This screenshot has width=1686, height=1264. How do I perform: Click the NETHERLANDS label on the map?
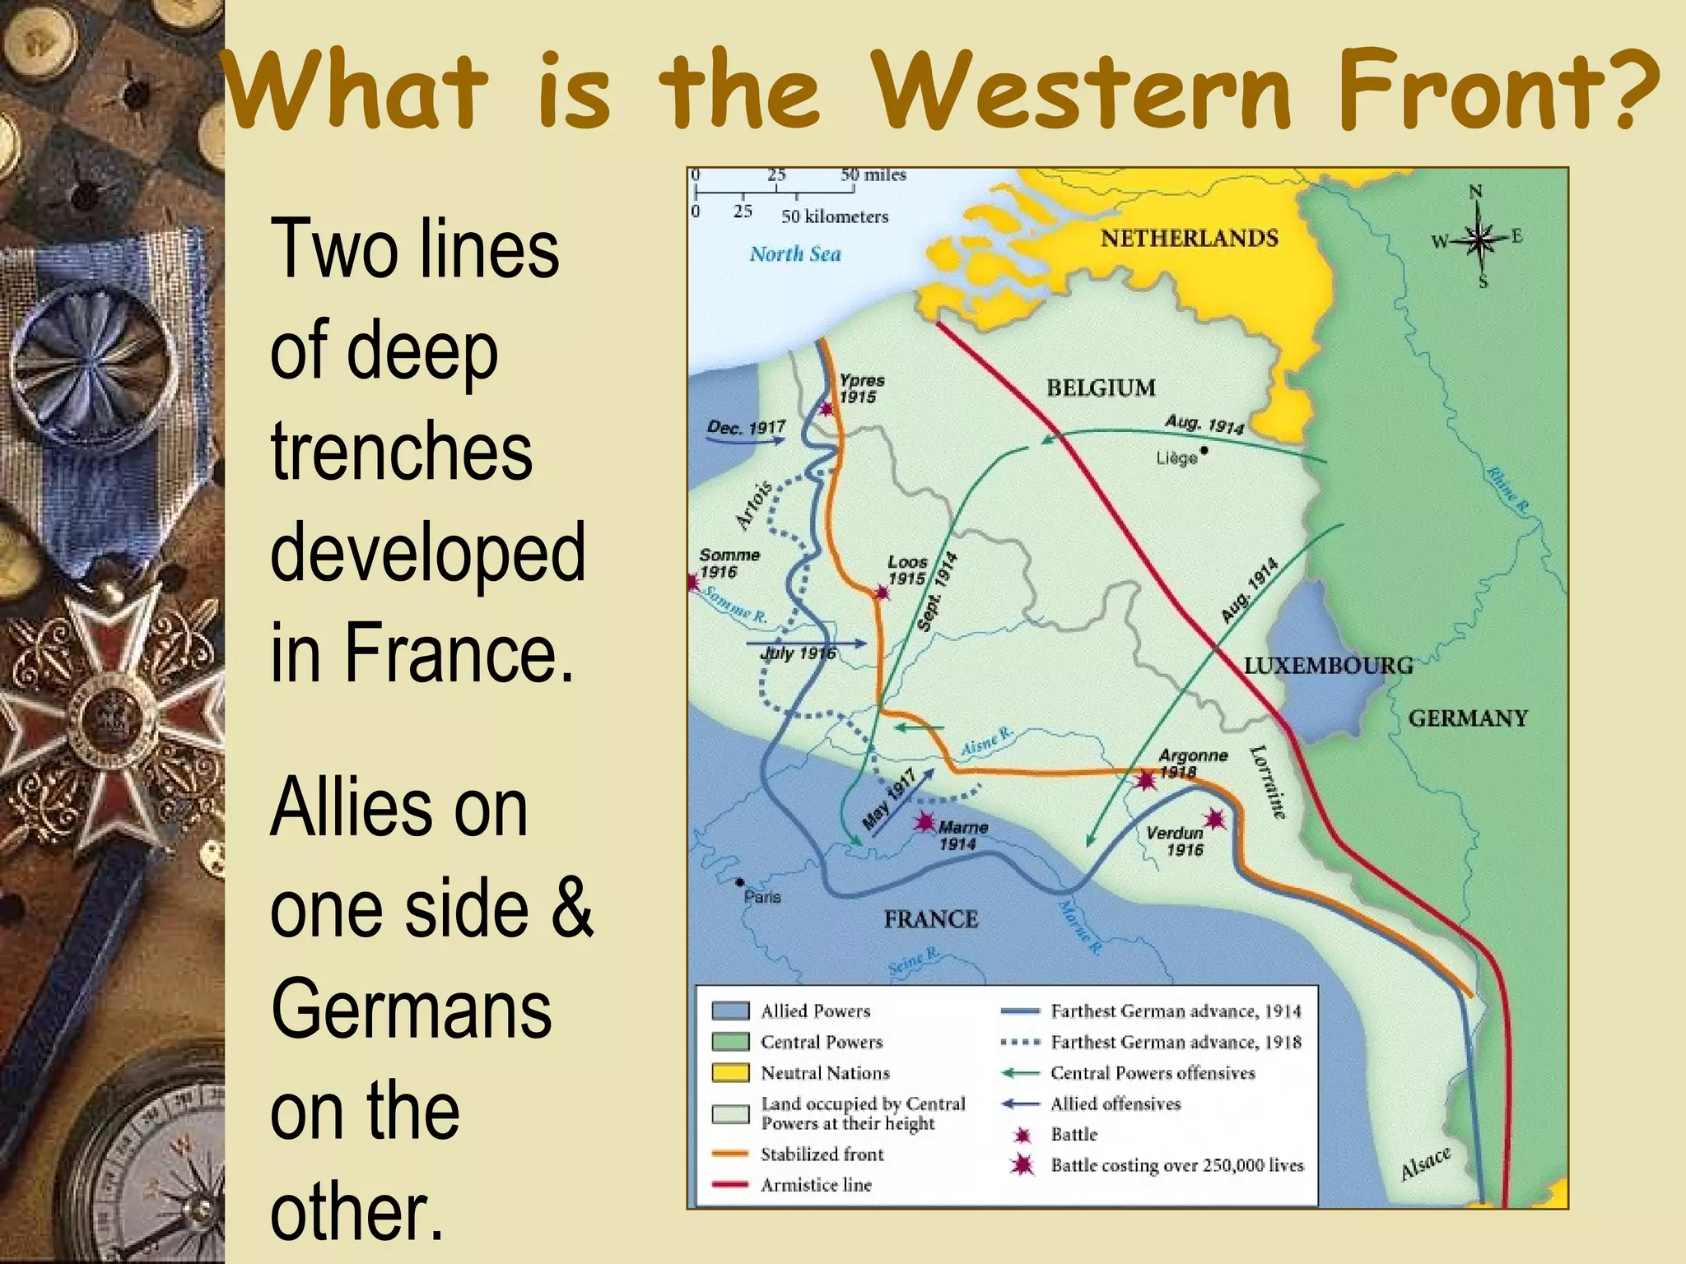(1189, 239)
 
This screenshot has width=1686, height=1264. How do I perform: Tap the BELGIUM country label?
(1101, 388)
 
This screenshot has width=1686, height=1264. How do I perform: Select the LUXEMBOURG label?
(1327, 666)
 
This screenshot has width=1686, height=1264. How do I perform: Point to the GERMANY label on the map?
(1467, 718)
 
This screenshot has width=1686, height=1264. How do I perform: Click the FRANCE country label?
(930, 919)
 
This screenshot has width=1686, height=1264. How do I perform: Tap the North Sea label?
(794, 254)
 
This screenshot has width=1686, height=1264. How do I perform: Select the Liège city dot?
(1204, 450)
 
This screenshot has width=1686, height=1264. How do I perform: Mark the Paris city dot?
(741, 882)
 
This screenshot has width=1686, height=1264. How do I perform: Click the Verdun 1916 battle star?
(1214, 819)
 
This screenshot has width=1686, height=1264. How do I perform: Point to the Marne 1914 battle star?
(925, 821)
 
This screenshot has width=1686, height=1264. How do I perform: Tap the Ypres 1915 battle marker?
(827, 409)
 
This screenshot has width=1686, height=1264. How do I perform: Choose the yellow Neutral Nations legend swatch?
(730, 1073)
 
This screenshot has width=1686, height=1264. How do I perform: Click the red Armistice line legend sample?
(730, 1185)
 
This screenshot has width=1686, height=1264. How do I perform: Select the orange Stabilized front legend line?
(730, 1154)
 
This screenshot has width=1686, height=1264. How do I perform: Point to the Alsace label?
(1425, 1162)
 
